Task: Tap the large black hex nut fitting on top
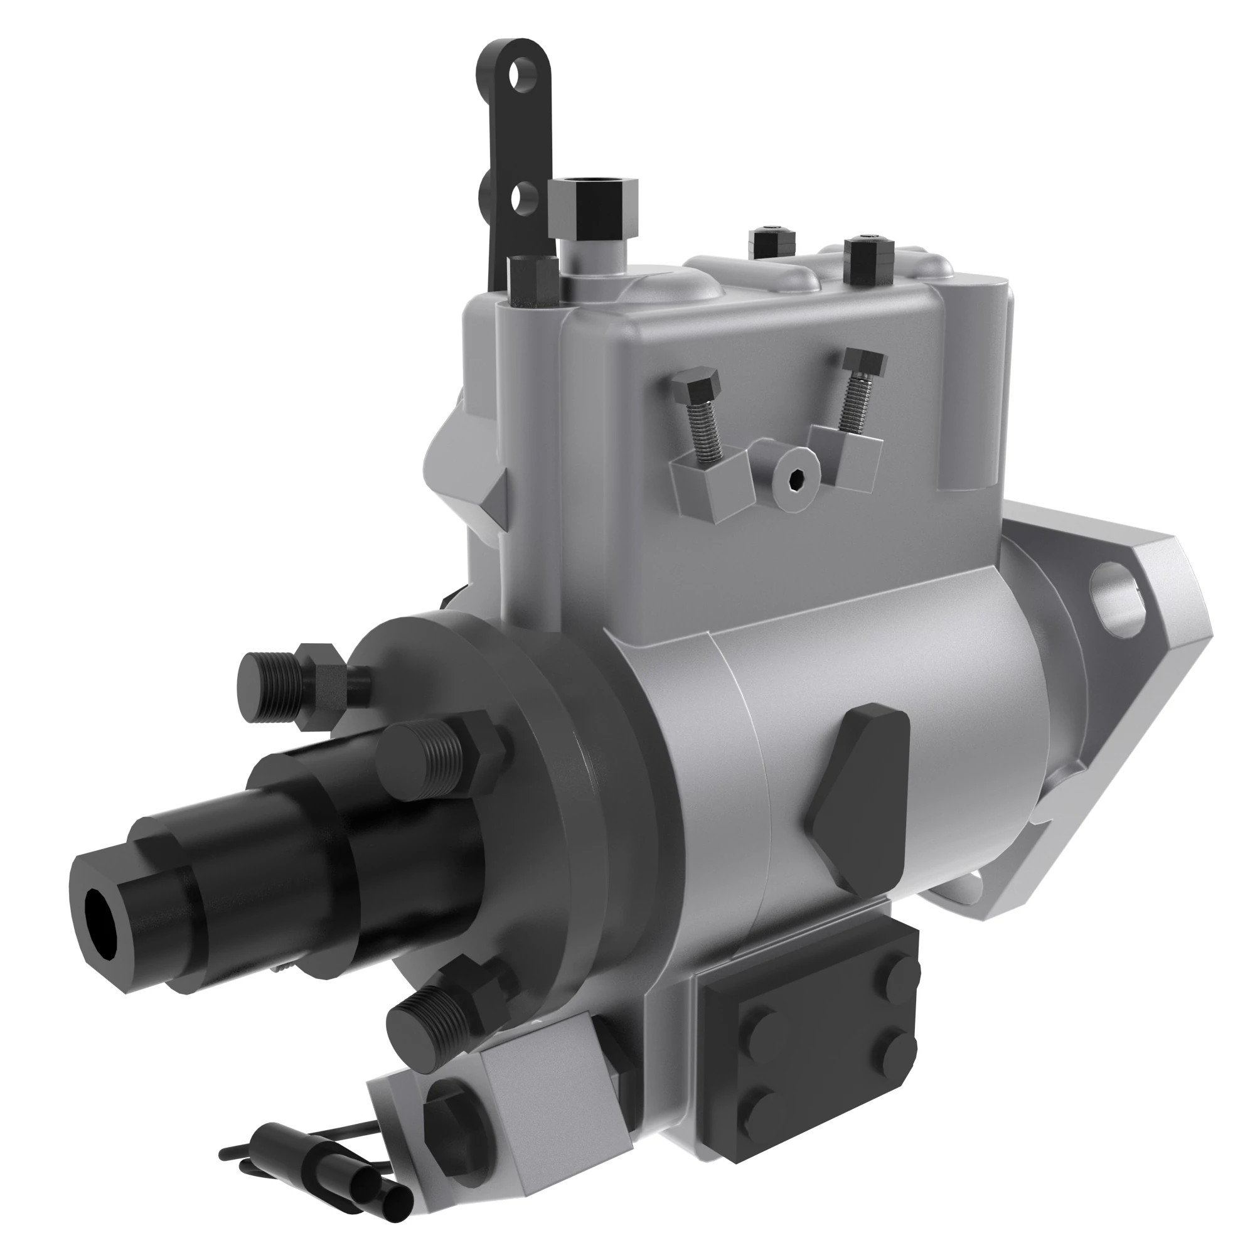tap(593, 206)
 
